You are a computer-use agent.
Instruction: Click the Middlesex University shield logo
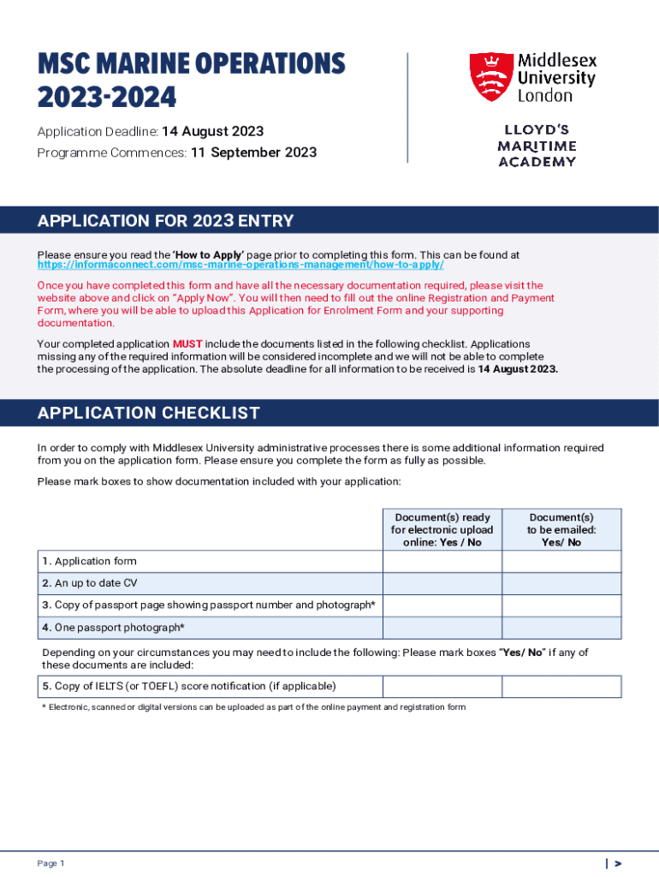pyautogui.click(x=490, y=76)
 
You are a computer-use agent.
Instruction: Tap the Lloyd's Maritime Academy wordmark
pyautogui.click(x=537, y=146)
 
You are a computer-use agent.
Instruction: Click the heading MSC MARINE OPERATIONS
pyautogui.click(x=191, y=63)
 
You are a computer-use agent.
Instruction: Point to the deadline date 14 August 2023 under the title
pyautogui.click(x=213, y=132)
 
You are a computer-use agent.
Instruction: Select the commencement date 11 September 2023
pyautogui.click(x=253, y=153)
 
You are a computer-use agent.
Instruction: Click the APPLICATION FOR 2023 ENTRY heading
pyautogui.click(x=165, y=221)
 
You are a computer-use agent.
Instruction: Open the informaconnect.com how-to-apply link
pyautogui.click(x=240, y=265)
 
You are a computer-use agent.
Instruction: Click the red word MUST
pyautogui.click(x=187, y=344)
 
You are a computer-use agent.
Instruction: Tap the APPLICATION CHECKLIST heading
pyautogui.click(x=148, y=414)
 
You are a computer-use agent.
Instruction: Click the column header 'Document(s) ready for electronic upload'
pyautogui.click(x=442, y=529)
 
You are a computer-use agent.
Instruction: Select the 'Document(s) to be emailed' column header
pyautogui.click(x=561, y=529)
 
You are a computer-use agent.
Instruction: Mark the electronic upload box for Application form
pyautogui.click(x=442, y=561)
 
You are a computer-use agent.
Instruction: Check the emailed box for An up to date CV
pyautogui.click(x=561, y=583)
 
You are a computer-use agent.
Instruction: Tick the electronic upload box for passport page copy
pyautogui.click(x=442, y=606)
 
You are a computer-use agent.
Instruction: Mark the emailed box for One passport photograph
pyautogui.click(x=561, y=628)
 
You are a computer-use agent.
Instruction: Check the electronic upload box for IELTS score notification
pyautogui.click(x=442, y=687)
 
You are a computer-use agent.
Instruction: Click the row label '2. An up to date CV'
pyautogui.click(x=89, y=583)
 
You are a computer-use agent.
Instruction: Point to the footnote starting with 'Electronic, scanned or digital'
pyautogui.click(x=253, y=707)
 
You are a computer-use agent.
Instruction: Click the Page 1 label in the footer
pyautogui.click(x=50, y=862)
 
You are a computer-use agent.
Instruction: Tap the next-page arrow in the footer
pyautogui.click(x=617, y=863)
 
